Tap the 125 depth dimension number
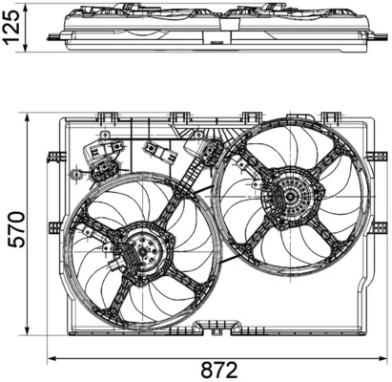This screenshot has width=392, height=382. pyautogui.click(x=14, y=28)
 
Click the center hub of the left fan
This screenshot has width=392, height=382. pyautogui.click(x=142, y=253)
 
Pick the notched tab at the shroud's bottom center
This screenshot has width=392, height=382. pyautogui.click(x=205, y=328)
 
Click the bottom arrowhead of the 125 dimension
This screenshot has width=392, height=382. pyautogui.click(x=31, y=50)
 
